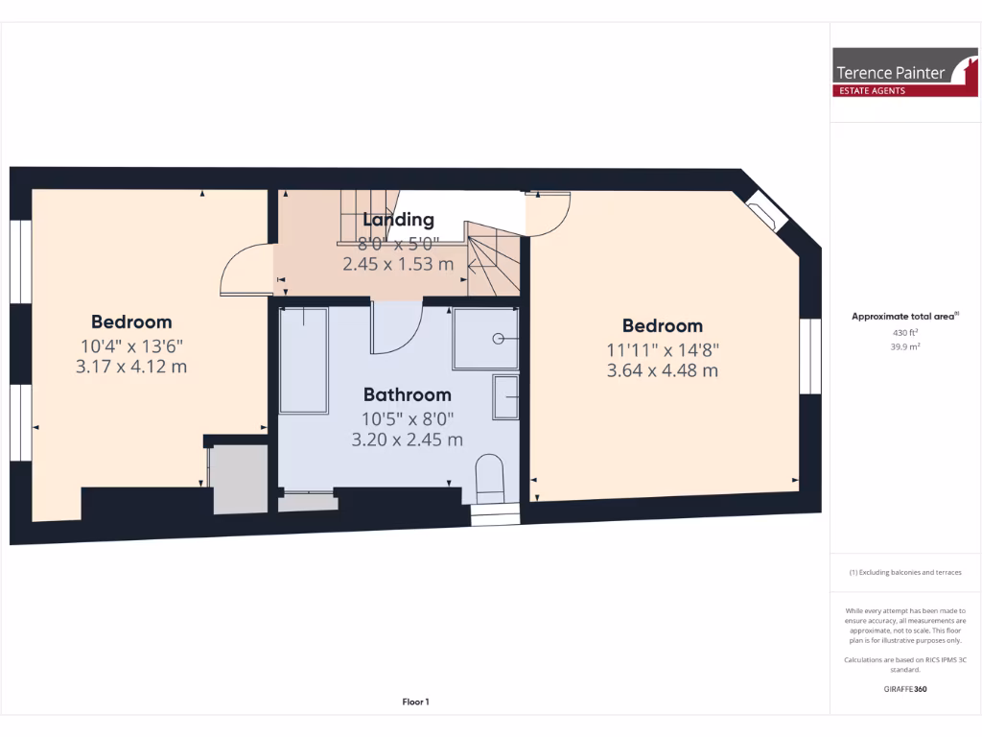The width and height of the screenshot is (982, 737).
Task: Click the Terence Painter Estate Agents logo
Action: (x=904, y=73)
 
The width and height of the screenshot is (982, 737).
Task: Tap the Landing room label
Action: (x=398, y=220)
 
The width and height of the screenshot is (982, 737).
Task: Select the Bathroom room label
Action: (x=407, y=394)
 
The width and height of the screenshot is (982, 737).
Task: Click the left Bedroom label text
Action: (x=131, y=321)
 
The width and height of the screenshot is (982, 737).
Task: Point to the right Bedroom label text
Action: (x=662, y=325)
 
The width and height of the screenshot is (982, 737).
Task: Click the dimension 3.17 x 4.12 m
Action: (x=131, y=366)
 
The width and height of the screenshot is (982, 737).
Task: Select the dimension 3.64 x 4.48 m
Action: (x=662, y=370)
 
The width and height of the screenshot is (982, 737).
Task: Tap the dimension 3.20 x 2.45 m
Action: (x=407, y=440)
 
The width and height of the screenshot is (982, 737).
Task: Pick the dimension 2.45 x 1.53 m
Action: (x=398, y=264)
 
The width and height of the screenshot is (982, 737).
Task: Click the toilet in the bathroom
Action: (x=490, y=478)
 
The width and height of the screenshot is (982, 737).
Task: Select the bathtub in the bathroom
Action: (x=303, y=360)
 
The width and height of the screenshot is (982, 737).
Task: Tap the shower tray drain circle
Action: (x=499, y=338)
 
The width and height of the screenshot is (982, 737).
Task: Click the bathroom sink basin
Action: (x=505, y=396)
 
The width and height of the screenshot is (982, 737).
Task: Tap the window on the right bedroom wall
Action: (x=811, y=355)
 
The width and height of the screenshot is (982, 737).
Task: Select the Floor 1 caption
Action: (x=415, y=702)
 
